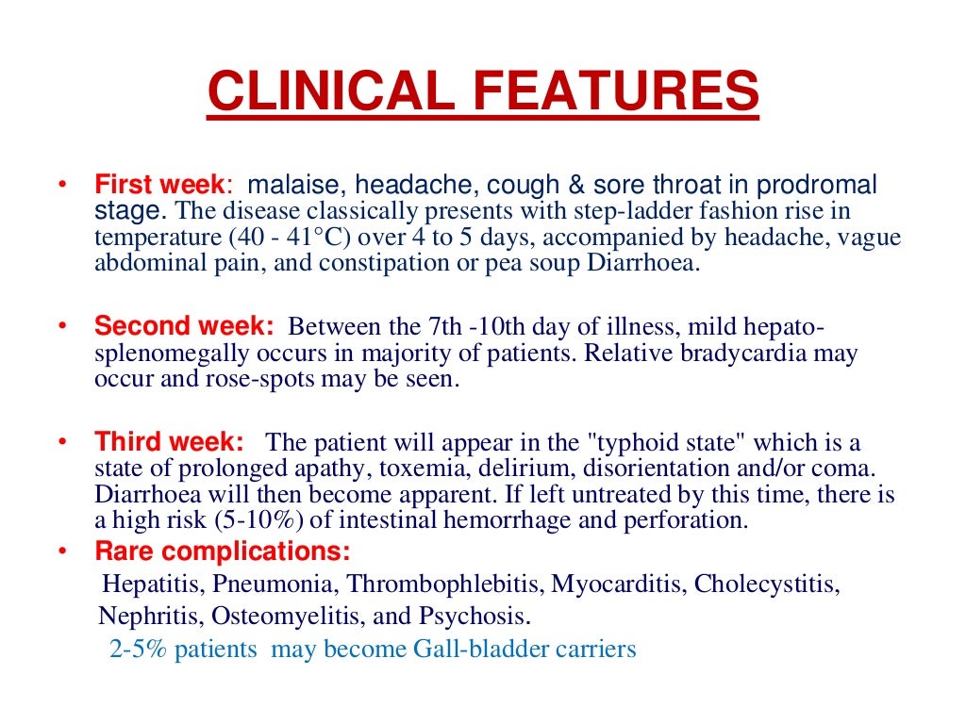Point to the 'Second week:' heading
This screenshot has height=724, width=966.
coord(184,327)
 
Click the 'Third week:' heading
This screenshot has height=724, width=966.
coord(169,442)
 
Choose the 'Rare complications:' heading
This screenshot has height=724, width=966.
coord(222,551)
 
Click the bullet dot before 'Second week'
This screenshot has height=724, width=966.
coord(61,327)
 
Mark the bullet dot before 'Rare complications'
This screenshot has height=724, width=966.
coord(61,551)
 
